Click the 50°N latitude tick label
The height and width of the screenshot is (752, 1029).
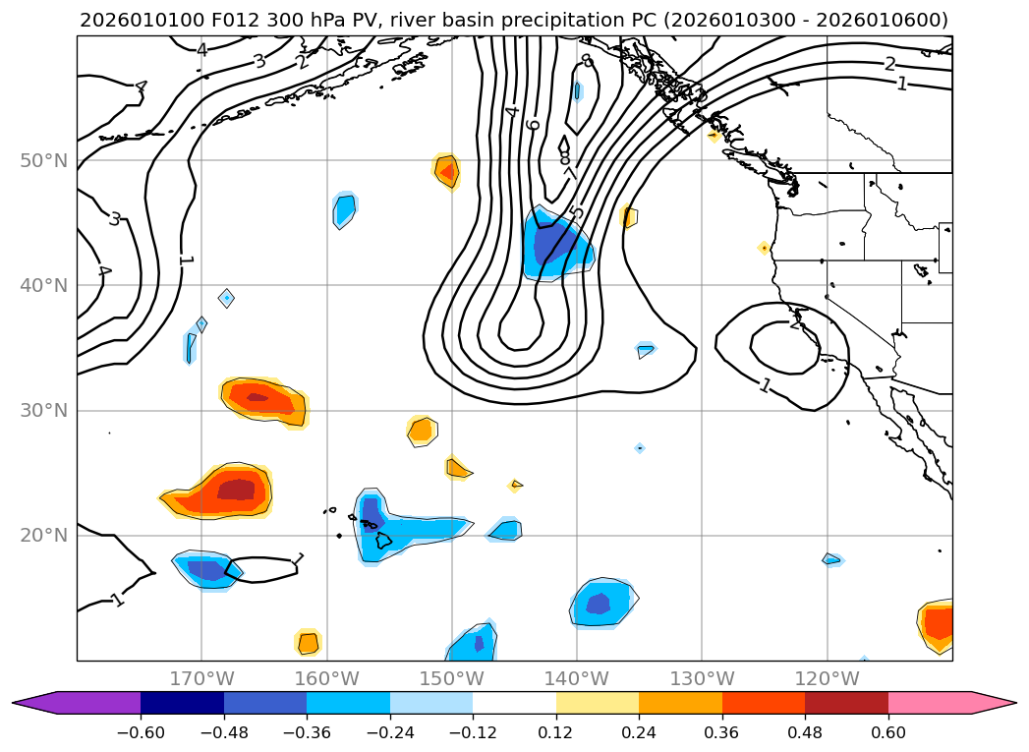[43, 160]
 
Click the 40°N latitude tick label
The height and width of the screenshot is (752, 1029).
[43, 286]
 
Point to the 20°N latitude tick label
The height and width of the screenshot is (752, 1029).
[43, 536]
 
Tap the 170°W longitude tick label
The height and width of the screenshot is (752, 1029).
[201, 678]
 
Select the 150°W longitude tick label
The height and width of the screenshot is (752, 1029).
[452, 678]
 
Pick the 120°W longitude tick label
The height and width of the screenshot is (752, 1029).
[827, 678]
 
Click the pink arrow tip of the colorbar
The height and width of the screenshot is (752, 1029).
[998, 702]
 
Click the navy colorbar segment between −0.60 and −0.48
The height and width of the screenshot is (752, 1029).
[182, 702]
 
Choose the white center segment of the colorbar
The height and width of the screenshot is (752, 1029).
[514, 702]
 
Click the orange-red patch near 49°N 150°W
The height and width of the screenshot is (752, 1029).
[446, 171]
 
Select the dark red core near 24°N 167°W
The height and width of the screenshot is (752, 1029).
[236, 489]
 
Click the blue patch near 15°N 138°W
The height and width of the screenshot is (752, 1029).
[600, 602]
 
